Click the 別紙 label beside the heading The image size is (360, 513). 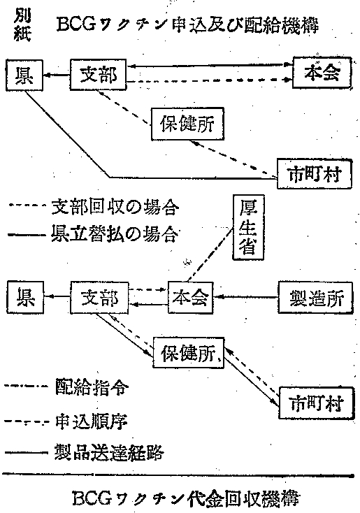pyautogui.click(x=22, y=27)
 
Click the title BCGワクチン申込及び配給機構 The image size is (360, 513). pyautogui.click(x=187, y=24)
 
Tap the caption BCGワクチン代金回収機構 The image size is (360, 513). pyautogui.click(x=185, y=498)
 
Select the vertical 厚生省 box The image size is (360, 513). pyautogui.click(x=248, y=227)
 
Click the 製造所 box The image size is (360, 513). pyautogui.click(x=315, y=298)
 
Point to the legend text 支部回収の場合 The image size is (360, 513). pyautogui.click(x=115, y=208)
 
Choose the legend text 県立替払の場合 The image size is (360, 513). pyautogui.click(x=115, y=234)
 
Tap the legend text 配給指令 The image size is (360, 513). pyautogui.click(x=92, y=388)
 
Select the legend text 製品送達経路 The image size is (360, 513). pyautogui.click(x=109, y=453)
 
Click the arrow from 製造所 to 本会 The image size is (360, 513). pyautogui.click(x=246, y=297)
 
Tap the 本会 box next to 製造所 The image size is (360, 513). pyautogui.click(x=191, y=298)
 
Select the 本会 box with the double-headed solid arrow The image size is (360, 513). pyautogui.click(x=322, y=73)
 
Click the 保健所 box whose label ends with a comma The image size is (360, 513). pyautogui.click(x=189, y=353)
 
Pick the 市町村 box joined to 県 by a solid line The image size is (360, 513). pyautogui.click(x=315, y=174)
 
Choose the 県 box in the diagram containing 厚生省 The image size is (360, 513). pyautogui.click(x=26, y=298)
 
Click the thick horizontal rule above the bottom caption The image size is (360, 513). pyautogui.click(x=178, y=475)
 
